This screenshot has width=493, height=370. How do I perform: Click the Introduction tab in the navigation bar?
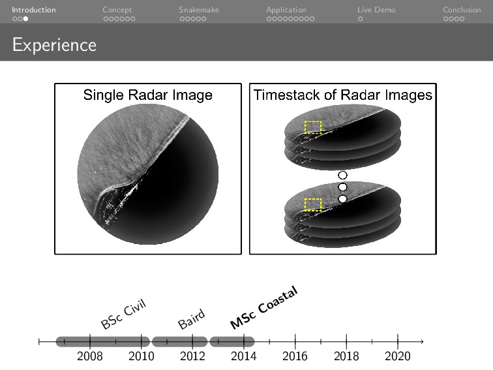click(x=33, y=10)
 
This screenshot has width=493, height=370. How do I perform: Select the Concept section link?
click(x=117, y=10)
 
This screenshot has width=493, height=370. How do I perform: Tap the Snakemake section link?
click(x=198, y=10)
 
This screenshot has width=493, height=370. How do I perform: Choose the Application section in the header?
click(x=286, y=10)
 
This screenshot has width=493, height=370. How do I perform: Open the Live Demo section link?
click(x=376, y=10)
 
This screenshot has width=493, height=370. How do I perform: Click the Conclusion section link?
click(x=461, y=10)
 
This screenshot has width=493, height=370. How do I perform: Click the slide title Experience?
click(x=54, y=45)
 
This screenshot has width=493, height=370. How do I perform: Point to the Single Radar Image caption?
click(x=147, y=95)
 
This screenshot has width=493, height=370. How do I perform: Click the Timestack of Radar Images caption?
click(x=342, y=95)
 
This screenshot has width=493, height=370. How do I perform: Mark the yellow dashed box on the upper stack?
click(x=313, y=127)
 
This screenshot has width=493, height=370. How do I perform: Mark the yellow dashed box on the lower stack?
click(x=313, y=204)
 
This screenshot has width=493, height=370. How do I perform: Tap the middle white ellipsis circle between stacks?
click(x=342, y=187)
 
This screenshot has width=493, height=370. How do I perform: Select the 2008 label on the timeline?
click(x=89, y=356)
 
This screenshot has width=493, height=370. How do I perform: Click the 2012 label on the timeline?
click(x=192, y=356)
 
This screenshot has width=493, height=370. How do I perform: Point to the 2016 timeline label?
click(x=295, y=356)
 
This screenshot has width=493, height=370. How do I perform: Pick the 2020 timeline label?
click(x=398, y=356)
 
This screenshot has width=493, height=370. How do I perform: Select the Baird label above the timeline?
click(x=192, y=320)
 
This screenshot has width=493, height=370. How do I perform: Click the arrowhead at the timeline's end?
click(x=422, y=341)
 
